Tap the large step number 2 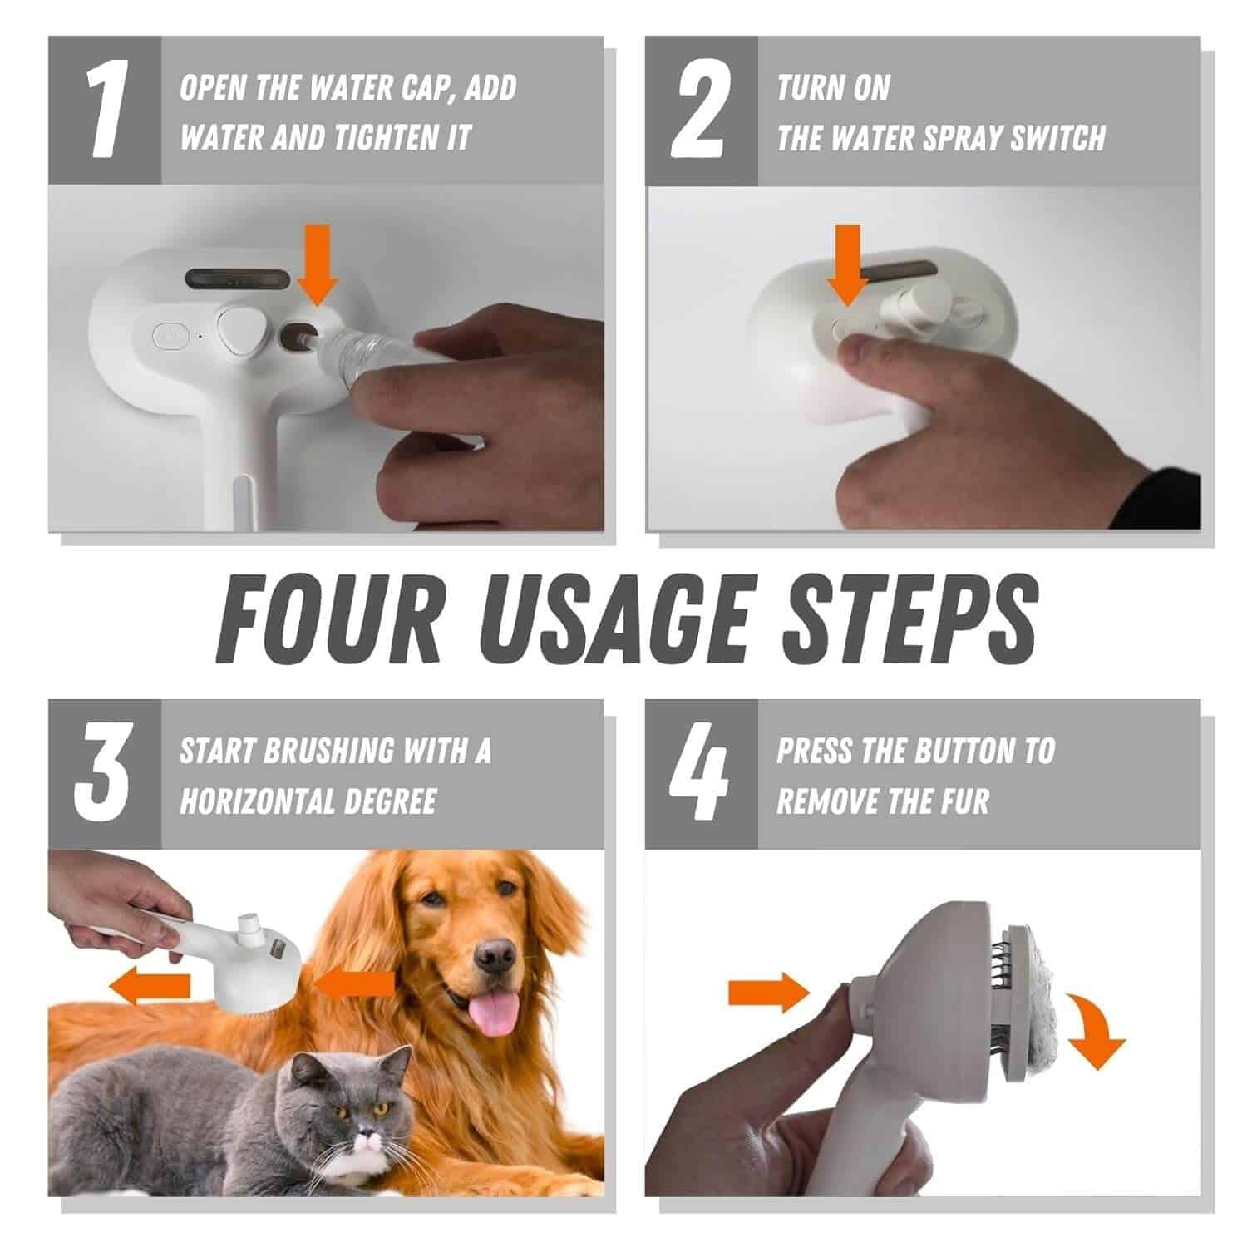(x=702, y=111)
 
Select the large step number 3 (x=103, y=775)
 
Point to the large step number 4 (x=701, y=775)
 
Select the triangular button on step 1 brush (x=241, y=331)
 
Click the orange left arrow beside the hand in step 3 (x=150, y=986)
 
